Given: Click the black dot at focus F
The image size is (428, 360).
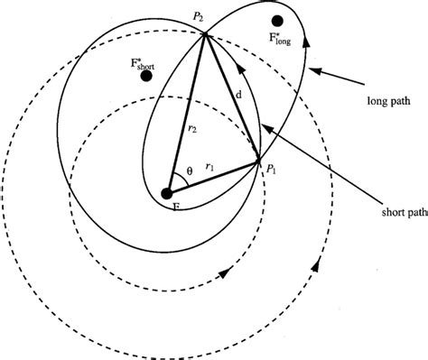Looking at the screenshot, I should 167,192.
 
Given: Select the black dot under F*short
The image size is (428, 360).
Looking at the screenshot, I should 145,76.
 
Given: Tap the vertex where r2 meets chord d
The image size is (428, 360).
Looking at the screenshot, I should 206,35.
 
